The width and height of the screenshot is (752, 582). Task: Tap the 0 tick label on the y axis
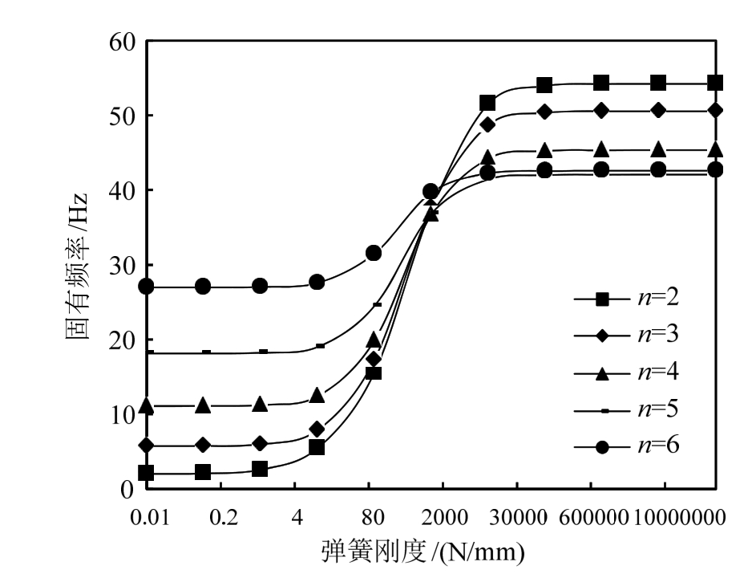pyautogui.click(x=127, y=489)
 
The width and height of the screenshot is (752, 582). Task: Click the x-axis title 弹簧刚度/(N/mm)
pyautogui.click(x=423, y=553)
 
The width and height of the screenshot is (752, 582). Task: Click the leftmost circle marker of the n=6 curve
pyautogui.click(x=146, y=287)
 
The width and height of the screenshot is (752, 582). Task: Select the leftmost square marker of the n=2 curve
pyautogui.click(x=146, y=473)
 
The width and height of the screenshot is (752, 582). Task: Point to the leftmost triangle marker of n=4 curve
pyautogui.click(x=146, y=406)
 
